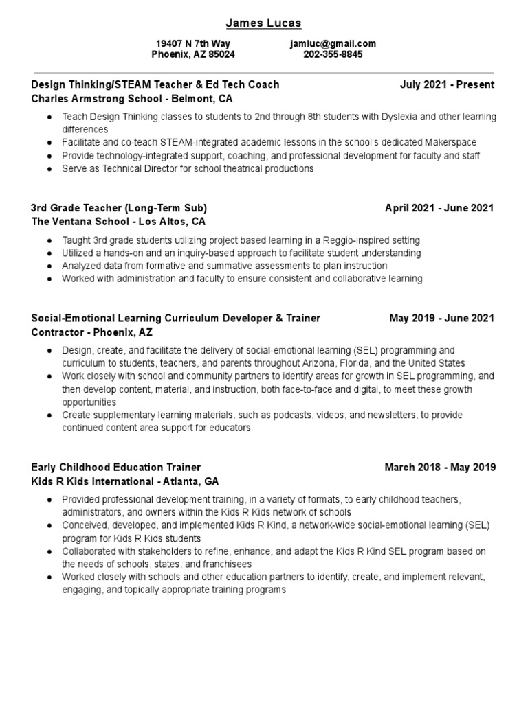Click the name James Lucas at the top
264,23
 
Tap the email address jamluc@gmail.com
333,43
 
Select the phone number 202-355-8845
333,54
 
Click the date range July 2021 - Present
447,84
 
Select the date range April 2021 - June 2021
439,208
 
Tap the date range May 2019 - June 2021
441,318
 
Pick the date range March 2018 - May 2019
440,468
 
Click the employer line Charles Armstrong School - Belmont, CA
132,98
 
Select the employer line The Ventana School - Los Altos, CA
118,222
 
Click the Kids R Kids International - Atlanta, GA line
125,481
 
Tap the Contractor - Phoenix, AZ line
92,332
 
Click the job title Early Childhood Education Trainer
116,468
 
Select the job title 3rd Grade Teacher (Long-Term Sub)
119,208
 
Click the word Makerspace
452,142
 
